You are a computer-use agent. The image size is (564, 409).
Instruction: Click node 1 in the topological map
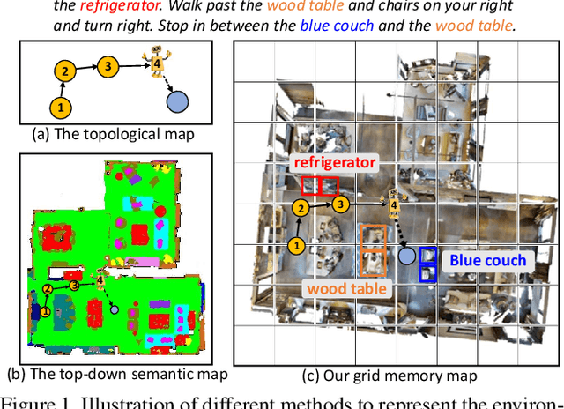(60, 108)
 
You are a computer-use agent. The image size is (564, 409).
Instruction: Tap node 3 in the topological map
(108, 65)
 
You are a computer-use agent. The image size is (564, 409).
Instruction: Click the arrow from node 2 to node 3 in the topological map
(85, 67)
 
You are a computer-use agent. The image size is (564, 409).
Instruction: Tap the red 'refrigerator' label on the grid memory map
(334, 163)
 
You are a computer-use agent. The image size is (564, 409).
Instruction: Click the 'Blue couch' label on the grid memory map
(487, 260)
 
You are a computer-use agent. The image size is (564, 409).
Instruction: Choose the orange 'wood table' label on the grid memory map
(350, 286)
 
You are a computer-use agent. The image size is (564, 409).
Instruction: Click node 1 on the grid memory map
(298, 246)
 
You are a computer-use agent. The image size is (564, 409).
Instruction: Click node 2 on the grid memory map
(301, 208)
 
